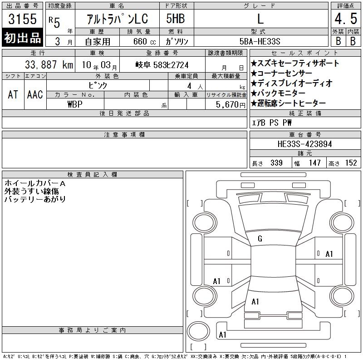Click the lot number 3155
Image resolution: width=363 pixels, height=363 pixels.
(22, 19)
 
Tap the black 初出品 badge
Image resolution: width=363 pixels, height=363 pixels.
(22, 38)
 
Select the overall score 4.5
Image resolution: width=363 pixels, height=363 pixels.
(346, 19)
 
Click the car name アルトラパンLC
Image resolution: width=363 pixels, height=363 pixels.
(117, 19)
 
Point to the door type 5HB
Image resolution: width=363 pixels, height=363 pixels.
(176, 19)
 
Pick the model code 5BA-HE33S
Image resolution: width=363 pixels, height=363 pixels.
(260, 41)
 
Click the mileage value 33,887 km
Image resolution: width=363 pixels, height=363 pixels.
(49, 65)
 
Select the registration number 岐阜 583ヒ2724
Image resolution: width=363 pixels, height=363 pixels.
(162, 65)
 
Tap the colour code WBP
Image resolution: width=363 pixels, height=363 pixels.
(75, 104)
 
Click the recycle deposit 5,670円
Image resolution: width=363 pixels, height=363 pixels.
(231, 105)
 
